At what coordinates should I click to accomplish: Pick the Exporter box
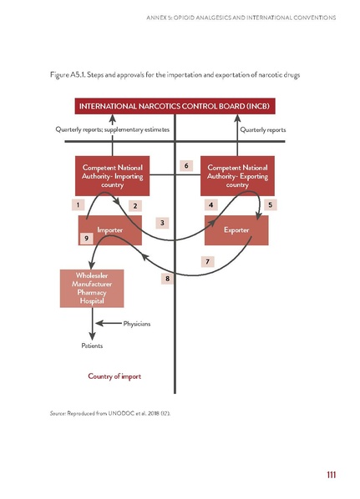[x=236, y=229]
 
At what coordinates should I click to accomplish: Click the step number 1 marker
[x=77, y=204]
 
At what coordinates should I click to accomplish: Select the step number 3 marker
[x=163, y=222]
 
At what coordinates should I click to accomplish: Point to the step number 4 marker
[x=212, y=204]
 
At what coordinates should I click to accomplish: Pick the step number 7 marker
[x=207, y=261]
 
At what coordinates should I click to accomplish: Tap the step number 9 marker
[x=87, y=238]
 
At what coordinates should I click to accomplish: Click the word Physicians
[x=136, y=324]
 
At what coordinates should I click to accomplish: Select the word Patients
[x=93, y=345]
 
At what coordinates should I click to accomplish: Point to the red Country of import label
[x=114, y=376]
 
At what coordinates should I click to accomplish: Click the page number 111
[x=331, y=476]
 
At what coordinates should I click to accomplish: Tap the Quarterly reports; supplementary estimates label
[x=113, y=129]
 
